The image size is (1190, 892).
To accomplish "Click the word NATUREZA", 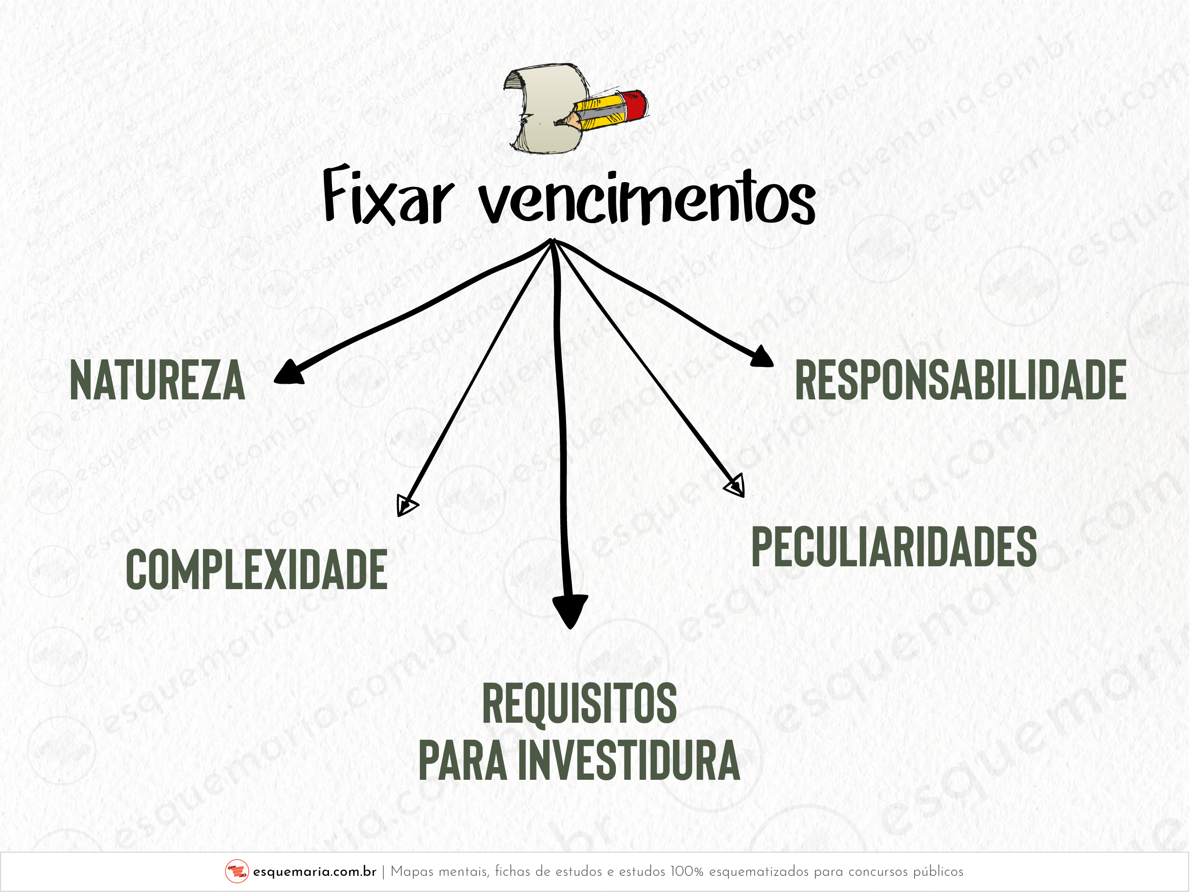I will [157, 381].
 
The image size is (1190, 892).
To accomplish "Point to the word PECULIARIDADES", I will [894, 547].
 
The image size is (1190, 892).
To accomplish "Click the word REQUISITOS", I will [579, 703].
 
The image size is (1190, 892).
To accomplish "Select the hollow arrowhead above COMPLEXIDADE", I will [406, 505].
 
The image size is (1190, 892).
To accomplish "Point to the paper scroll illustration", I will [543, 107].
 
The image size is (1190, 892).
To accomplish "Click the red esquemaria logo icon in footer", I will [237, 871].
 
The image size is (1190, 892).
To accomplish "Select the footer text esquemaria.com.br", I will [314, 872].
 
